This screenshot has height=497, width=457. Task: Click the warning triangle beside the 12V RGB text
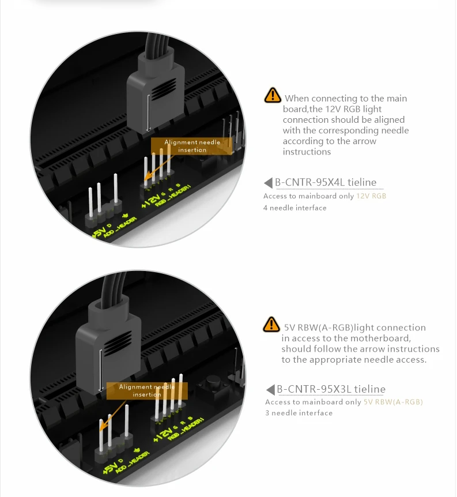tap(273, 95)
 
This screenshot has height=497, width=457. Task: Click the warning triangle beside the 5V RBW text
tap(271, 324)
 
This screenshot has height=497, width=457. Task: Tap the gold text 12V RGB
tap(371, 196)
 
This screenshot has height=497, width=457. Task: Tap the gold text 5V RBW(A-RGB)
tap(393, 402)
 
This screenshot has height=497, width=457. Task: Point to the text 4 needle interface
tap(294, 208)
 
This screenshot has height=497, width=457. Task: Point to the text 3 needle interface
tap(299, 413)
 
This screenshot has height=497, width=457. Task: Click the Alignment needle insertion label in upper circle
tap(192, 146)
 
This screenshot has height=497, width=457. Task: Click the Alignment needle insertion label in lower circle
tap(147, 391)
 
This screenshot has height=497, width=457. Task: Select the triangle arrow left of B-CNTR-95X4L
tap(268, 183)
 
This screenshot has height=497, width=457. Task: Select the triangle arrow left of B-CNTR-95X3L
tap(270, 390)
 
